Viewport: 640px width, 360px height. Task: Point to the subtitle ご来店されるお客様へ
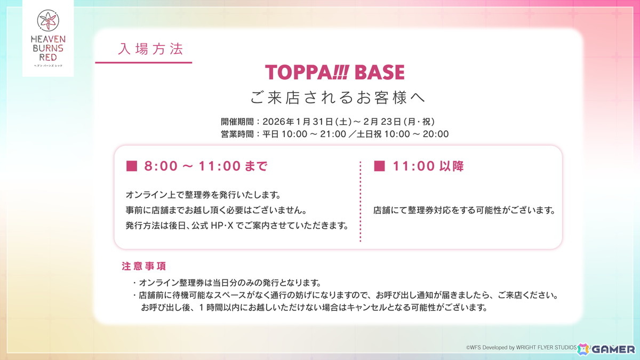(x=338, y=98)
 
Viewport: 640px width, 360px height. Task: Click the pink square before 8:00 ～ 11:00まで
(x=131, y=166)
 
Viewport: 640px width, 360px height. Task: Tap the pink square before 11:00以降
(x=379, y=166)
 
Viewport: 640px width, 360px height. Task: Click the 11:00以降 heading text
(x=428, y=166)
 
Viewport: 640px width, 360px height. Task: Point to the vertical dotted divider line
(x=361, y=202)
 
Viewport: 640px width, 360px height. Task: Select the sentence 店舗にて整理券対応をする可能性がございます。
(x=464, y=211)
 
